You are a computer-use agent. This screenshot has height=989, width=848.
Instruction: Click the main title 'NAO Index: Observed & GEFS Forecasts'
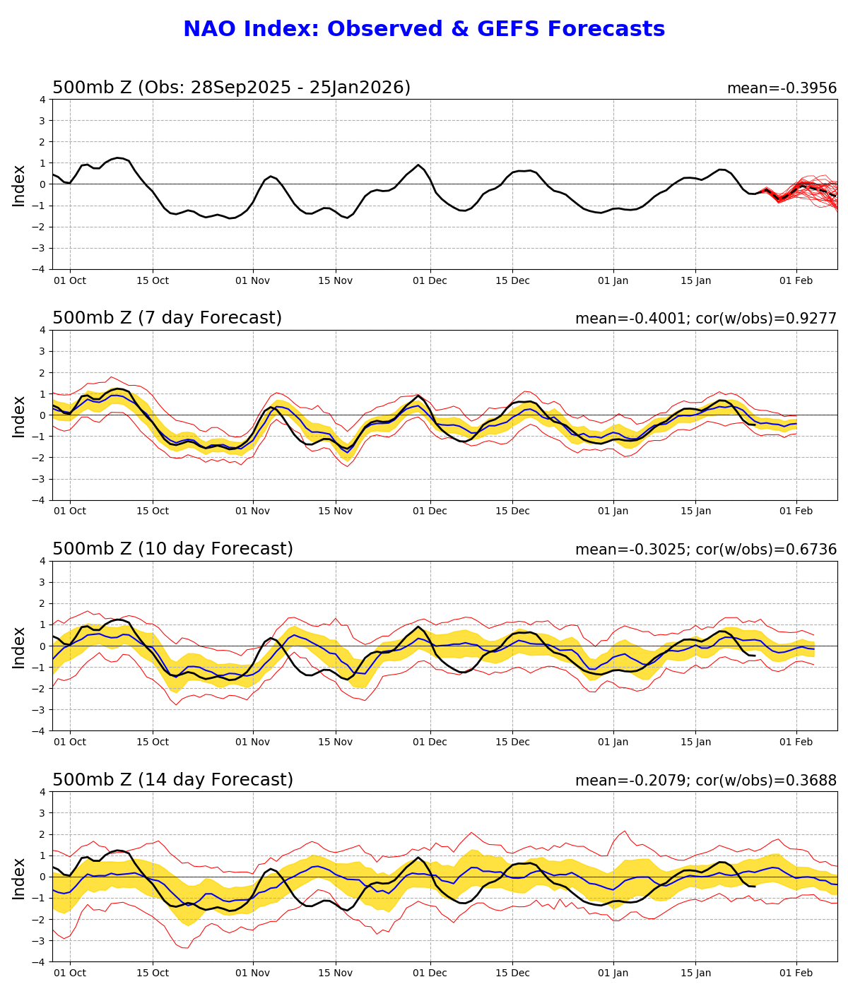[424, 30]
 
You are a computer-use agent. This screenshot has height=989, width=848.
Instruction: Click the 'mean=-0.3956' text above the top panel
[782, 88]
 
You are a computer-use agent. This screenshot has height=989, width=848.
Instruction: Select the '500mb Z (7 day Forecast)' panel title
[167, 319]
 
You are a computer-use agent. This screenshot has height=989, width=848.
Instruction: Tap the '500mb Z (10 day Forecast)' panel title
[172, 550]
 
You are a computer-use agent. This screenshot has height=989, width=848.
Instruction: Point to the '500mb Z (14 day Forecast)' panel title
[172, 781]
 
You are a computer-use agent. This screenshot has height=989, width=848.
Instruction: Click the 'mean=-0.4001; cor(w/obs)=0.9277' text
[705, 319]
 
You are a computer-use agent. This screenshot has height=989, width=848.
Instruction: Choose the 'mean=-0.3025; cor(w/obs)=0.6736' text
[705, 550]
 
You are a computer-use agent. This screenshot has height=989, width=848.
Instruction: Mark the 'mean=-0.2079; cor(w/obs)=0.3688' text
[705, 781]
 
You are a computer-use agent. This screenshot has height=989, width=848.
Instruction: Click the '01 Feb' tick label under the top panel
[796, 280]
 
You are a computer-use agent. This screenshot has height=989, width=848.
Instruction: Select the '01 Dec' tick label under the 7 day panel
[430, 511]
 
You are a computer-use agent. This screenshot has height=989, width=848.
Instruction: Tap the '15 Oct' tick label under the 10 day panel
[153, 742]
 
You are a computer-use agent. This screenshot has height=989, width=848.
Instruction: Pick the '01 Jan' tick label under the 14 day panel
[613, 973]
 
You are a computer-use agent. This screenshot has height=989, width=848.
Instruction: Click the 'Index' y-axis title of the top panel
[19, 185]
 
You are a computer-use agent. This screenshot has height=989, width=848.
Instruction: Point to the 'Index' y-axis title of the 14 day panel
[19, 877]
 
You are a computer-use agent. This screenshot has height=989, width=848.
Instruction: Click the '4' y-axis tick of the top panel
[42, 100]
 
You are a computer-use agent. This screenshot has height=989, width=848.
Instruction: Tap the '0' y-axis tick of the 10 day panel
[42, 646]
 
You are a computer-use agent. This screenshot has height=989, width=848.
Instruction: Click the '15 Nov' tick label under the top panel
[335, 280]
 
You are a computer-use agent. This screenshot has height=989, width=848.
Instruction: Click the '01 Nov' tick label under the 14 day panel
[252, 973]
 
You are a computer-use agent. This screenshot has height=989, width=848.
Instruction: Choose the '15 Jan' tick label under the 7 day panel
[695, 511]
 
